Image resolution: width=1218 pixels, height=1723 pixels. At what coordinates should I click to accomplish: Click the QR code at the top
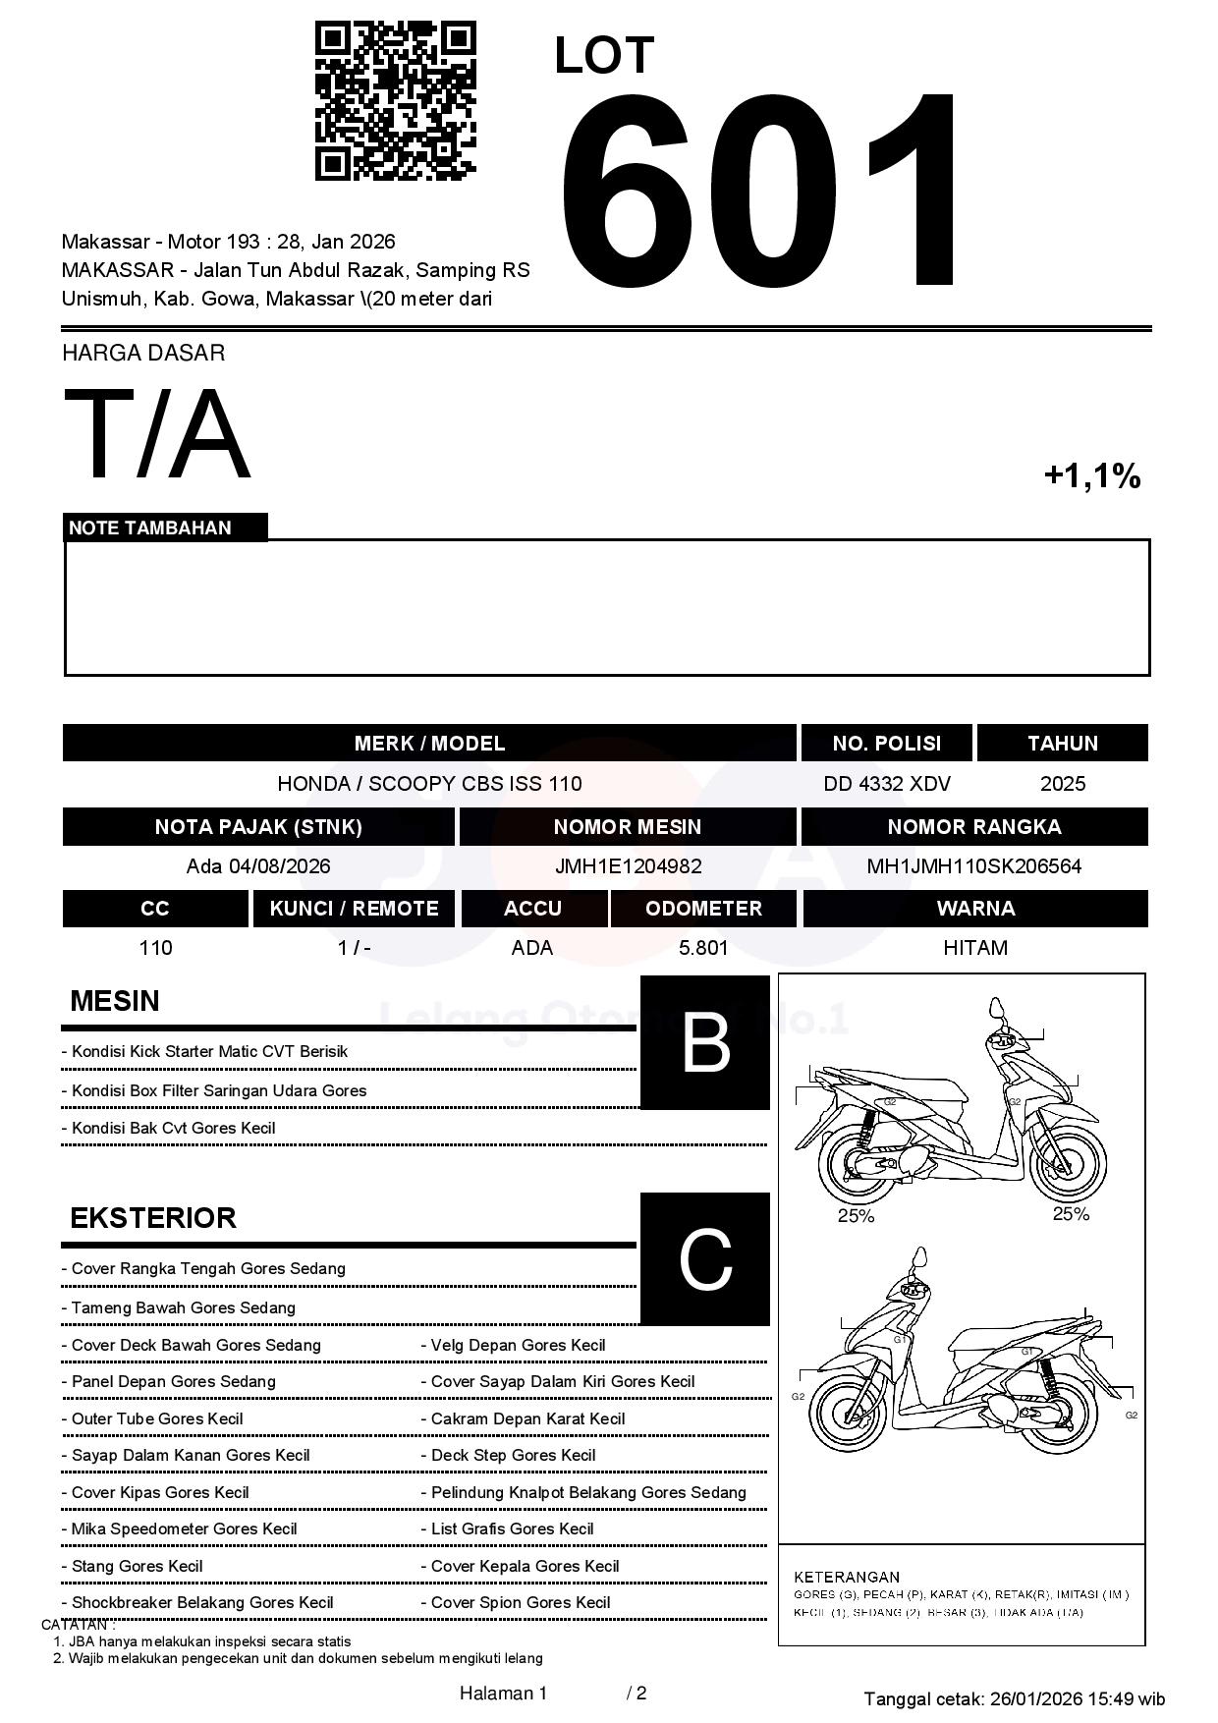(x=395, y=101)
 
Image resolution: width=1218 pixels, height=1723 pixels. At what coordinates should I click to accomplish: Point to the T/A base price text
(x=157, y=435)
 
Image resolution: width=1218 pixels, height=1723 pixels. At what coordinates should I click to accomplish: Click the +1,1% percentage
(x=1091, y=476)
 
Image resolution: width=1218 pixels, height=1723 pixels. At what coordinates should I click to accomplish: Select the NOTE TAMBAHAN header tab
(x=150, y=528)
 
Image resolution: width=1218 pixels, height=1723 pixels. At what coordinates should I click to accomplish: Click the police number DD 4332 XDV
(x=886, y=784)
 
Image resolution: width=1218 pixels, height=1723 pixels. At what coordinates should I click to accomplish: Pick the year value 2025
(x=1062, y=784)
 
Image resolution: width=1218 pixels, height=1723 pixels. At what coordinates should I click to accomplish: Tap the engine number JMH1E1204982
(x=628, y=866)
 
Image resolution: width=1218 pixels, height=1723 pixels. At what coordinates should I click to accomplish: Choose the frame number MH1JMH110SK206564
(x=973, y=866)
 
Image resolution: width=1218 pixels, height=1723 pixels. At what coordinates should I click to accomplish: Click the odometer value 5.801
(x=703, y=948)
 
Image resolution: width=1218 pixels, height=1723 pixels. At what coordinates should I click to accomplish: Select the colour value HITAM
(x=974, y=948)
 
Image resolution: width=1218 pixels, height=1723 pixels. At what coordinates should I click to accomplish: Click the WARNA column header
(x=974, y=909)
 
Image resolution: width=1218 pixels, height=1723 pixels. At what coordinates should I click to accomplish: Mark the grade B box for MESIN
(x=704, y=1042)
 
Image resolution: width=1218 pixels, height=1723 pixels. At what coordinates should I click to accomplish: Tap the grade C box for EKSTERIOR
(x=704, y=1258)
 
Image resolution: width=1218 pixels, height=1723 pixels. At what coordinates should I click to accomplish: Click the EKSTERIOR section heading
(x=153, y=1218)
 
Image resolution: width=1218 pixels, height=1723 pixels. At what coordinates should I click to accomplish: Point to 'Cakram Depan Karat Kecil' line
(x=527, y=1418)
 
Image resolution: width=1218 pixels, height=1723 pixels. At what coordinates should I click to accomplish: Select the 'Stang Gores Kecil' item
(x=137, y=1566)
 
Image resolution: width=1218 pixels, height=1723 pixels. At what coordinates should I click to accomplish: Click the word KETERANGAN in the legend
(x=846, y=1577)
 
